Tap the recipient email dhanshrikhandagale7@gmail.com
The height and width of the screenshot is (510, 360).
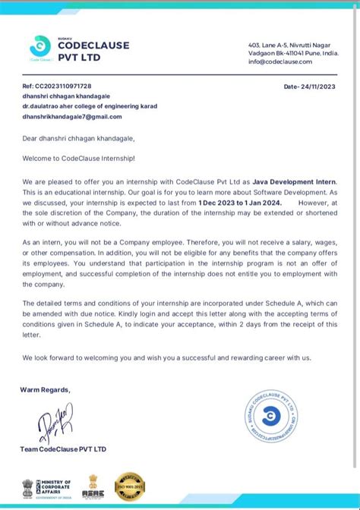[x=72, y=116]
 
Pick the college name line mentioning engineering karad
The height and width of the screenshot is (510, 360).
[x=90, y=106]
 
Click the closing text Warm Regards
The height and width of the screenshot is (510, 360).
[x=46, y=389]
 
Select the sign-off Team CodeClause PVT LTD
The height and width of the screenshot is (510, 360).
[x=64, y=449]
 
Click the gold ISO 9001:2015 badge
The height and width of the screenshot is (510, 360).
[x=129, y=486]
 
